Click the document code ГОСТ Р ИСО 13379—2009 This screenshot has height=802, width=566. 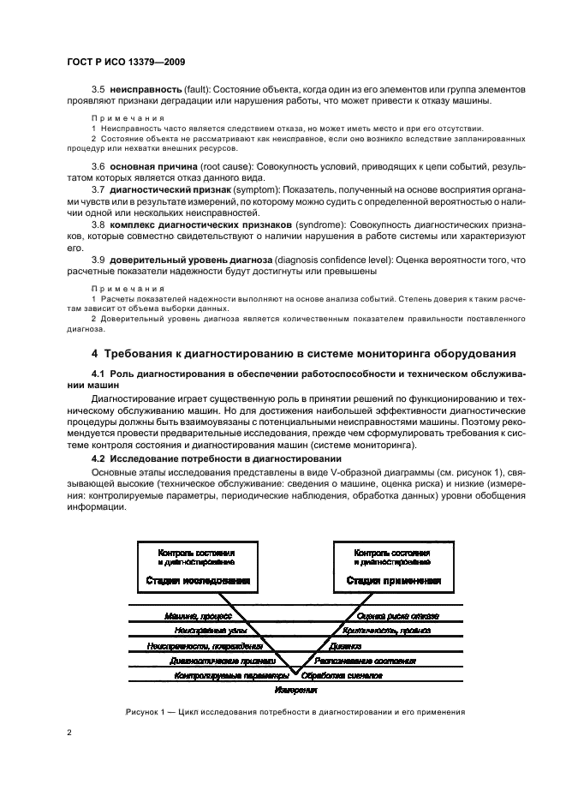(128, 63)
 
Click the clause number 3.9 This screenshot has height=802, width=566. (98, 259)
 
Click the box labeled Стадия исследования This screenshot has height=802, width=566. (196, 566)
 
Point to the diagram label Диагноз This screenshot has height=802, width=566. (351, 645)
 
